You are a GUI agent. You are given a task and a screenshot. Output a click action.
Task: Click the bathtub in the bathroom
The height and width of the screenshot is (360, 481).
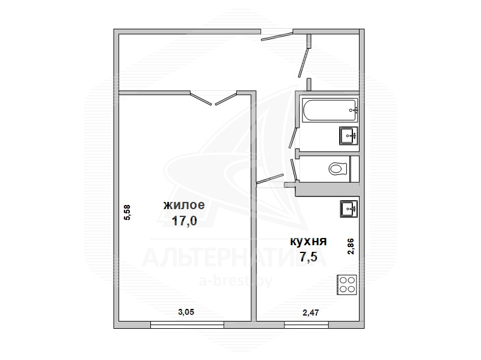click(329, 110)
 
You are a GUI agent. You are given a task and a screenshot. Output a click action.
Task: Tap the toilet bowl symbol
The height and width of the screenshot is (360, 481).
click(337, 169)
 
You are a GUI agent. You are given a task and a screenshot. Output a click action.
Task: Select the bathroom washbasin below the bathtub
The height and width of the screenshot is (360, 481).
click(349, 136)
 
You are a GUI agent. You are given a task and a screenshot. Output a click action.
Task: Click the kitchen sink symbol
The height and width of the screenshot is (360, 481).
click(349, 209)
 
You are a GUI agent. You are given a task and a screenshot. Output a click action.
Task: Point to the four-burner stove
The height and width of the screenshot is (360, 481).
click(347, 285)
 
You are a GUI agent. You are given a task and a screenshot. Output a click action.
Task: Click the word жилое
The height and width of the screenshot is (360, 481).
click(184, 205)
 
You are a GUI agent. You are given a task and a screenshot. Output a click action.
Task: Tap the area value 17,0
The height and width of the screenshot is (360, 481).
click(184, 221)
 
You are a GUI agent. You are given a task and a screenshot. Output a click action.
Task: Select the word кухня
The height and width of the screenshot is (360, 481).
click(308, 242)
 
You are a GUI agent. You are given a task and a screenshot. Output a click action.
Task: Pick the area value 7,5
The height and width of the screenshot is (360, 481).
click(308, 257)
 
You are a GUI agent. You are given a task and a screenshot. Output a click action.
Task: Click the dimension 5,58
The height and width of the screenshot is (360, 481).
click(127, 212)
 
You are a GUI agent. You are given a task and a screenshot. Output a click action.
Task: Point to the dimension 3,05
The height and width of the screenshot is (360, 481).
click(186, 312)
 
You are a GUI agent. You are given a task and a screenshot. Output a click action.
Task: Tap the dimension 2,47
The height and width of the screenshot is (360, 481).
click(311, 313)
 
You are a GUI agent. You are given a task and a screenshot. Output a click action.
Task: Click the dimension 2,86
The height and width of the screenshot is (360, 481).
click(351, 246)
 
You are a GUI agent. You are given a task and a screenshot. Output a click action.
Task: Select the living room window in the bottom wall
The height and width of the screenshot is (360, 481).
click(187, 325)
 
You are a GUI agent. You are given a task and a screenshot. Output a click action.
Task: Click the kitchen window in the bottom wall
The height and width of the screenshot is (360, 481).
click(307, 325)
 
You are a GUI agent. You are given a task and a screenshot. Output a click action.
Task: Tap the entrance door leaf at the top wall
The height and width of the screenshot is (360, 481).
click(277, 36)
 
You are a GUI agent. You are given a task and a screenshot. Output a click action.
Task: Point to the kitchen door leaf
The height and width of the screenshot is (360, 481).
click(270, 178)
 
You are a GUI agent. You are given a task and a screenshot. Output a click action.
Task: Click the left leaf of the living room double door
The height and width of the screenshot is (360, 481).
click(201, 98)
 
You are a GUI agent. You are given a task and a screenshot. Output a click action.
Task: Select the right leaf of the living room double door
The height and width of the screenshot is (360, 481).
click(226, 98)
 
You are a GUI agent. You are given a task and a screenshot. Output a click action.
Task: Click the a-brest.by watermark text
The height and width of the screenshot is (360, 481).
click(236, 281)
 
